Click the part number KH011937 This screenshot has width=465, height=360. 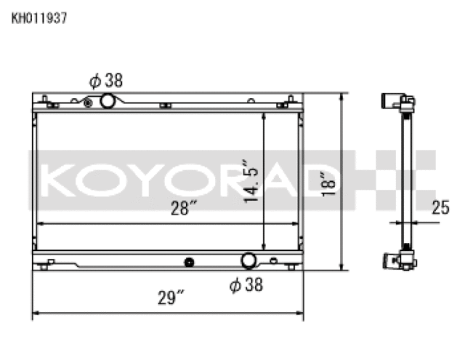tap(39, 18)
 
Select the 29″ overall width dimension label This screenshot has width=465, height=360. tap(171, 297)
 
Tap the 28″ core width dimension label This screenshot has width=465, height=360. tap(184, 208)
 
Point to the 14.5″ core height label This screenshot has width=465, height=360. tap(250, 181)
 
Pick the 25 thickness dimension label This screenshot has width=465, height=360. tap(441, 207)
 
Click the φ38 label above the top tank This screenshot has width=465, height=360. tap(106, 81)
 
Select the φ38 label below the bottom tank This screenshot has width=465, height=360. tap(246, 284)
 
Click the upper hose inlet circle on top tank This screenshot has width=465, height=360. tap(108, 101)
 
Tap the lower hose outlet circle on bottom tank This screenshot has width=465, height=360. tap(248, 260)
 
